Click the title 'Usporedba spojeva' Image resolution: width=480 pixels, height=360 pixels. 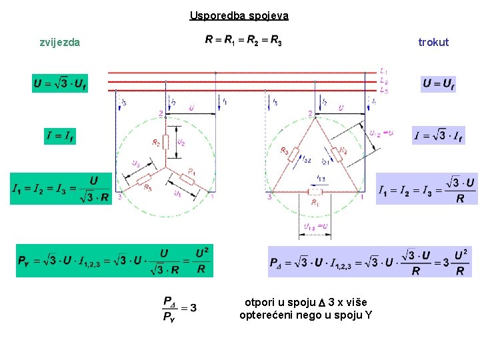pos(239,15)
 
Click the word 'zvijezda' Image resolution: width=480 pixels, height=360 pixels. pos(60,42)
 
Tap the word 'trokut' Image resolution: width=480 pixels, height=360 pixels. pos(433,42)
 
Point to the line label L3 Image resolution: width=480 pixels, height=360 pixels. pos(383,89)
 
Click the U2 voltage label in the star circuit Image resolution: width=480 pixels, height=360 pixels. pos(181,143)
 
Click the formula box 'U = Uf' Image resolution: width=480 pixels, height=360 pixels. pos(439,84)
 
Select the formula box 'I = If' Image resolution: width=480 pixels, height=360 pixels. pos(60,136)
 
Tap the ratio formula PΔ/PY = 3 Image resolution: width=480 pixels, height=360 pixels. pos(179,308)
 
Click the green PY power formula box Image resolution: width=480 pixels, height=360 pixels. pos(115,260)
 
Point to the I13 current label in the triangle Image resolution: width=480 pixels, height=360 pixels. pos(321,179)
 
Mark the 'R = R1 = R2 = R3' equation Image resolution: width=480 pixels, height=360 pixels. pos(243,41)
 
